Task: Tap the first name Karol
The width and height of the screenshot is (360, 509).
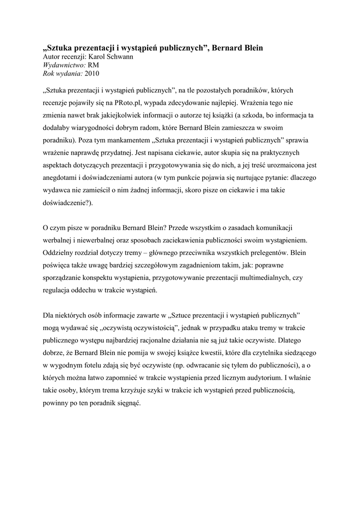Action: click(x=91, y=57)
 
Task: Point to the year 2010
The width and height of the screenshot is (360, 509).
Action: click(x=92, y=74)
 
